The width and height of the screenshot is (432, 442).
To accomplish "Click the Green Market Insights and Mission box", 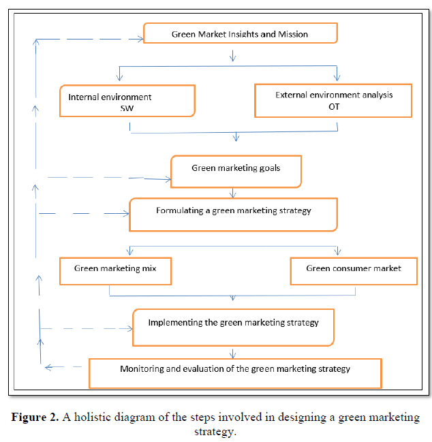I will (x=240, y=33).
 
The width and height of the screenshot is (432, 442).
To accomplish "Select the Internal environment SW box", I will (x=127, y=101).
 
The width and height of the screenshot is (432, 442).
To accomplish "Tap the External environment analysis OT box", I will (x=333, y=100).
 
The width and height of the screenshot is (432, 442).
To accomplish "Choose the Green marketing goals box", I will (x=235, y=172).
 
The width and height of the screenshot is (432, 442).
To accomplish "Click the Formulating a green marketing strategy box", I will (x=233, y=215).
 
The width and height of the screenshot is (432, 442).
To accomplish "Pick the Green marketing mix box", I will (x=115, y=270).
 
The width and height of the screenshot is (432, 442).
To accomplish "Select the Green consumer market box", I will (x=353, y=270).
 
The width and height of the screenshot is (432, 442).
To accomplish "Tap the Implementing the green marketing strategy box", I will (x=233, y=327).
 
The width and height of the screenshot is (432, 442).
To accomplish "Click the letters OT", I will (x=334, y=106).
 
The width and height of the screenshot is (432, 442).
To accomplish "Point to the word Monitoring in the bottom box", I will (x=141, y=369).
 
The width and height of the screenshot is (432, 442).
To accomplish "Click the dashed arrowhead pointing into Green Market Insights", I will (x=139, y=40).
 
